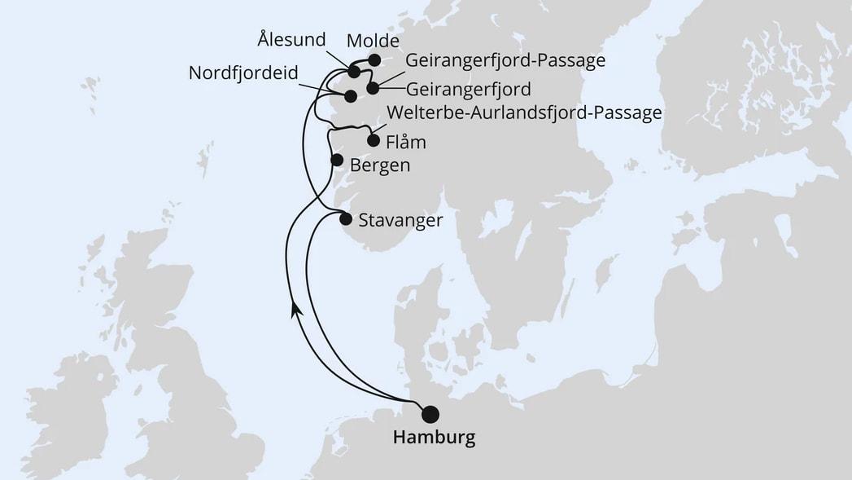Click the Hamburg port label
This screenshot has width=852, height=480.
click(434, 438)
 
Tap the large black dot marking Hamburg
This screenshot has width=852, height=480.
click(429, 414)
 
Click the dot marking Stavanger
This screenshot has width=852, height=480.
click(346, 218)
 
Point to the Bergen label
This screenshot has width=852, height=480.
click(379, 165)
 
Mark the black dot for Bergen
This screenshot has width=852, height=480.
click(336, 160)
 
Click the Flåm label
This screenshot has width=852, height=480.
click(406, 143)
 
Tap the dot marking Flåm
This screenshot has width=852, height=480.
click(374, 140)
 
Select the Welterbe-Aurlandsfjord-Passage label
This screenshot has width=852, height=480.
click(525, 112)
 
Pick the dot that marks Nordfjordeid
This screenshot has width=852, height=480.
click(350, 96)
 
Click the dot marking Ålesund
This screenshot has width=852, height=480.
click(354, 73)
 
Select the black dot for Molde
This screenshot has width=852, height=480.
click(374, 59)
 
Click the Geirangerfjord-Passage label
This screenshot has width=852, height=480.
click(505, 60)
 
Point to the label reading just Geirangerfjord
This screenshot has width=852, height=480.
click(468, 88)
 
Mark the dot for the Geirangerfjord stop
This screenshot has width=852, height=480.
click(373, 88)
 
